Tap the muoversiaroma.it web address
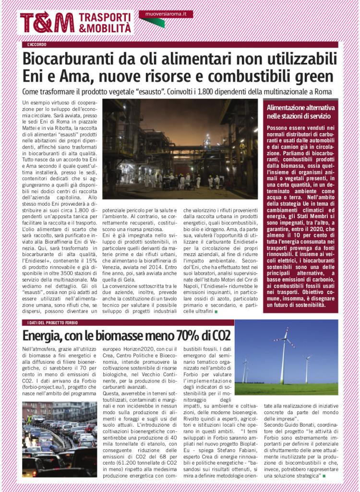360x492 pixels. (166, 14)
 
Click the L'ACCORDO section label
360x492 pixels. (36, 45)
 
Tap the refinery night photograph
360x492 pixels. (180, 149)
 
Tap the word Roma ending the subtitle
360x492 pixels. (327, 91)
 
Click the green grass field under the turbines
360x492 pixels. (287, 388)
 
